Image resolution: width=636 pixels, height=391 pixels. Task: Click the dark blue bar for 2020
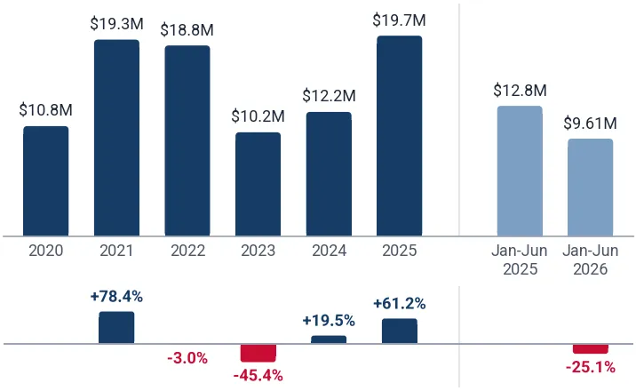pos(46,181)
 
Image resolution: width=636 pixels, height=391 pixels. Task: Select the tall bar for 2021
pos(117,138)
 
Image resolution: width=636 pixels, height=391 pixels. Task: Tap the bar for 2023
pos(258,184)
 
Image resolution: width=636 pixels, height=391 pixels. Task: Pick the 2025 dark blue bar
pos(400,136)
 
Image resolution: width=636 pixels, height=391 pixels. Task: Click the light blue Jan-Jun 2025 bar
pos(520,171)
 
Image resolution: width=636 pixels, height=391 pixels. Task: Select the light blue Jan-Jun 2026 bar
pos(591,188)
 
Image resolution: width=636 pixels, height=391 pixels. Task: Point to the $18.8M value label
pos(187,30)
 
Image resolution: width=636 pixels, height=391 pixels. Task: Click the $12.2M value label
pos(329,96)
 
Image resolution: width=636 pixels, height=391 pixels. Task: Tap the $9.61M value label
pos(590,123)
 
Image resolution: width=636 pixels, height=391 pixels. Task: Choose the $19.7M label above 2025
pos(400,20)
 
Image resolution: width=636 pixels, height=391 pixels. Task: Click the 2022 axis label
pos(187,251)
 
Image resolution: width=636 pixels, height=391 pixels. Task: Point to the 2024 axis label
pos(329,251)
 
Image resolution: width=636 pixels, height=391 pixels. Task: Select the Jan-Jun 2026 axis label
pos(591,259)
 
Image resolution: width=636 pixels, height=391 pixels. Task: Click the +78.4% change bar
pos(116,327)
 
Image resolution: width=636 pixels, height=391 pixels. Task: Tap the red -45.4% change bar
pos(258,353)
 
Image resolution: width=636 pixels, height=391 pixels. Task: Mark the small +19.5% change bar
pos(329,339)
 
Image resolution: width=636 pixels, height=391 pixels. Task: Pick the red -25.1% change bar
pos(591,349)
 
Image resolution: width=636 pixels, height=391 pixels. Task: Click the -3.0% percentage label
pos(187,358)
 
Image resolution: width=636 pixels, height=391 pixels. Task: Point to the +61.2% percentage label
pos(400,303)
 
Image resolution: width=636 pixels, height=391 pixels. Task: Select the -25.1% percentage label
pos(591,368)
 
